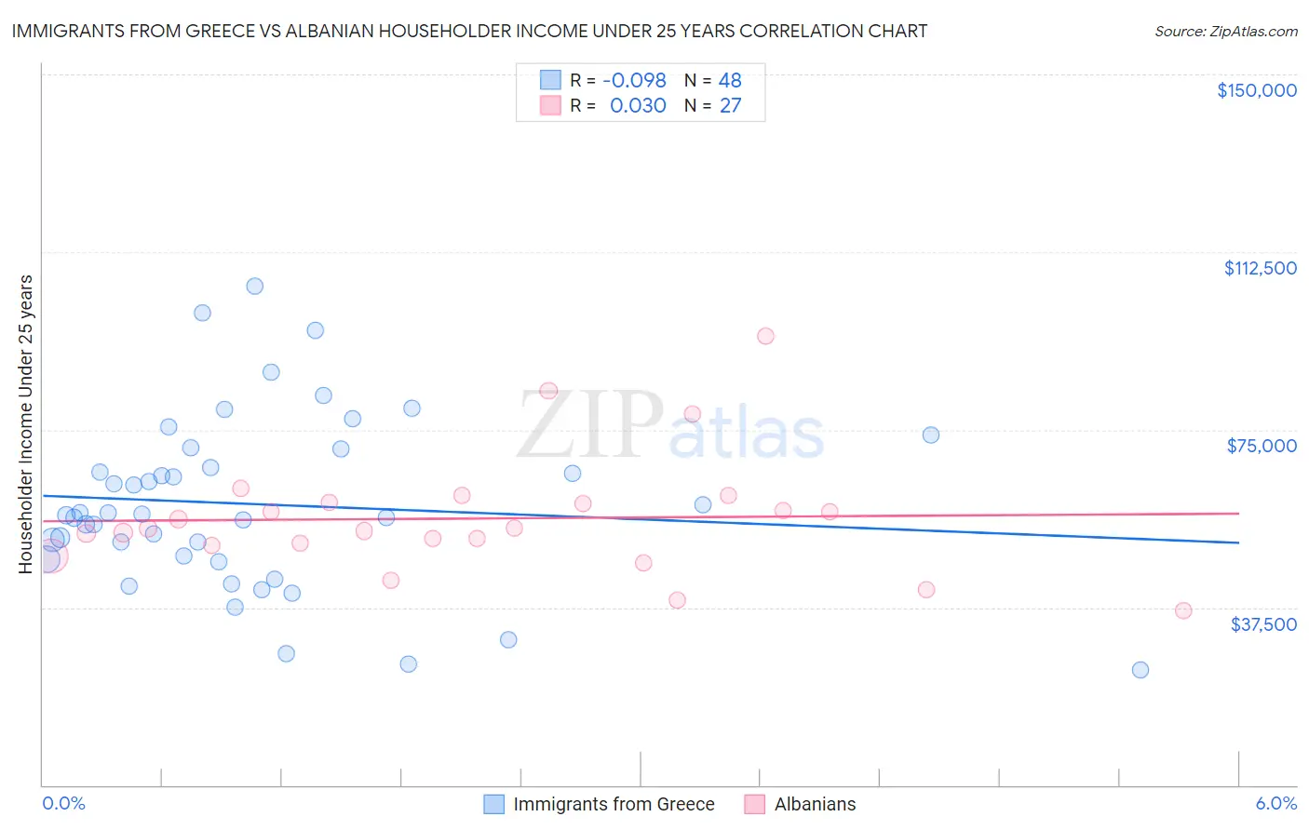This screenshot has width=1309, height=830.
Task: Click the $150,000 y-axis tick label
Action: [x=1256, y=90]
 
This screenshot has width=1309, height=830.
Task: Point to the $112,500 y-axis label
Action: [x=1260, y=268]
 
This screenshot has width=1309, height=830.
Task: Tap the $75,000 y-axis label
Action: [x=1262, y=446]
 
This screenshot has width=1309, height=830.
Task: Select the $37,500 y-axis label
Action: [x=1263, y=623]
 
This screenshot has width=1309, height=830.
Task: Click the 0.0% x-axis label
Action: [x=63, y=803]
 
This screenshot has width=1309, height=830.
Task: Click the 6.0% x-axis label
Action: [x=1275, y=803]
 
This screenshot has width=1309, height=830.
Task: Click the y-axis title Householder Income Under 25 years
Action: [x=26, y=423]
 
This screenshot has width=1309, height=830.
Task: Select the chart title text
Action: [x=469, y=31]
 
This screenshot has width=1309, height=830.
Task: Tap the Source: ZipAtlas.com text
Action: [x=1225, y=32]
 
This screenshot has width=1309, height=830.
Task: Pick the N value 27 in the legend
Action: [x=730, y=105]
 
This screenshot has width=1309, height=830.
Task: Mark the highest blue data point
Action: [x=254, y=286]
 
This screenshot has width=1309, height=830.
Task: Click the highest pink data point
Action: [x=765, y=336]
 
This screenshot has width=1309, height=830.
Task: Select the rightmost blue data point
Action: [x=1140, y=670]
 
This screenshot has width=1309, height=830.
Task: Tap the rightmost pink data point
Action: [x=1183, y=610]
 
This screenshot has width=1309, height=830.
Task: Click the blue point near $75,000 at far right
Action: [x=930, y=435]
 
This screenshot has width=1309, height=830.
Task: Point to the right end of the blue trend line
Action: [x=1238, y=542]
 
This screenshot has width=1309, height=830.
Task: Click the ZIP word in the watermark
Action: [x=590, y=425]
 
